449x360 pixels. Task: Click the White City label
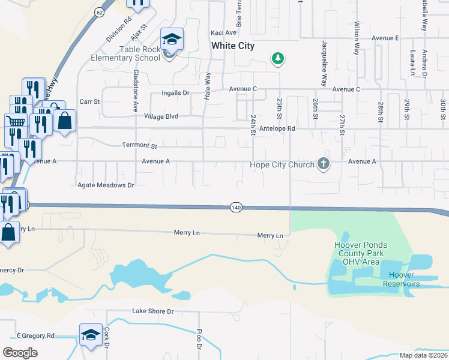232,46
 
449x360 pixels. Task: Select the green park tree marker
277,59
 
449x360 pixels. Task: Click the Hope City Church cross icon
324,164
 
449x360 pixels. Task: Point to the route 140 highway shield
236,207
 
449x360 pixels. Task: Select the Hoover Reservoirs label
403,279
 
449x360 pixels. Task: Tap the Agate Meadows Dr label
106,185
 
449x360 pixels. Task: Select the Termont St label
139,146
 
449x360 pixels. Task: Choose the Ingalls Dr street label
175,93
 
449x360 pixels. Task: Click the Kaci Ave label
223,33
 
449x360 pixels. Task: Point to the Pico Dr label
198,339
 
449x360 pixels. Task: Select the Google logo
20,352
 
